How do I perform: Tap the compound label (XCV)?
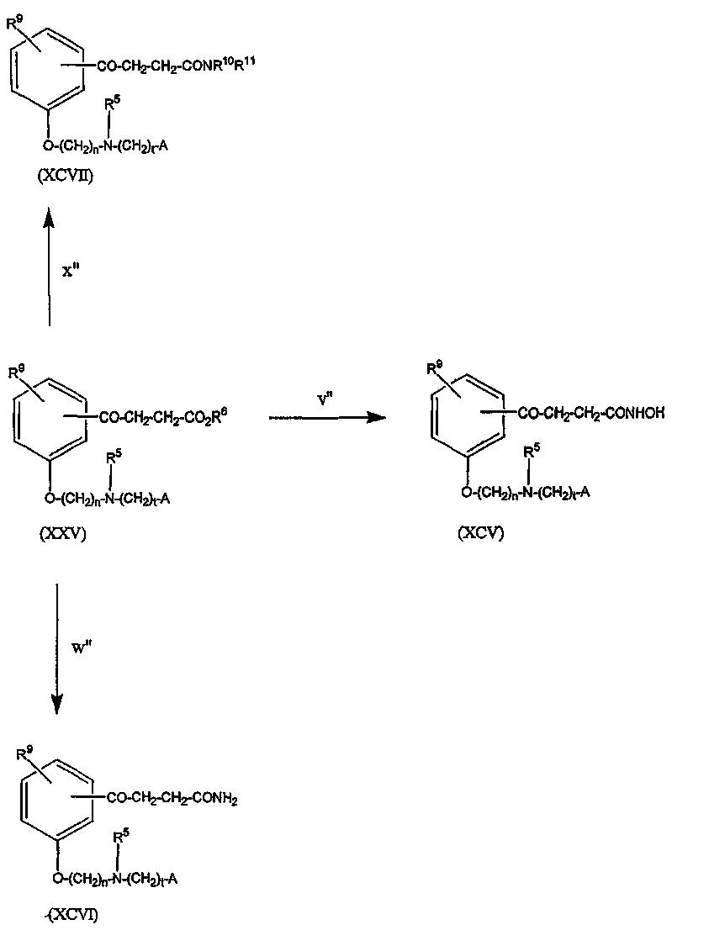[480, 532]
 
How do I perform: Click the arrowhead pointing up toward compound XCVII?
[49, 219]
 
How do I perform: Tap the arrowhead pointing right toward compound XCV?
[368, 417]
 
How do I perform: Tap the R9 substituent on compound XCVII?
[14, 24]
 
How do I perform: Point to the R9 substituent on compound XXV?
[17, 372]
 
